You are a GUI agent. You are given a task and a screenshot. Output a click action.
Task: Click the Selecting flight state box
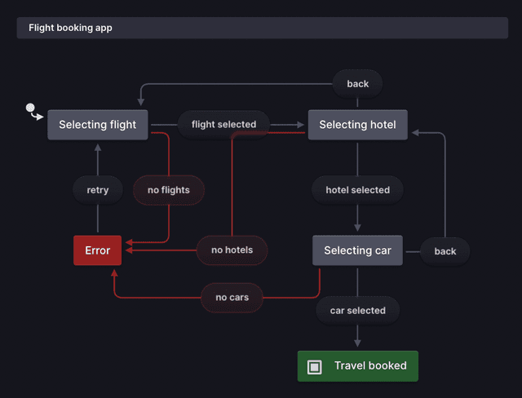98,125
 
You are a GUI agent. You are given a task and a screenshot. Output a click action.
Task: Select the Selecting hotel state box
357,125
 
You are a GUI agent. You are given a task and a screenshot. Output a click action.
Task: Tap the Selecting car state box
357,250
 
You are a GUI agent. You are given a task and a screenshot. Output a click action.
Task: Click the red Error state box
97,250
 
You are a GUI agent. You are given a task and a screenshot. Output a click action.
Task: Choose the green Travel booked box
357,366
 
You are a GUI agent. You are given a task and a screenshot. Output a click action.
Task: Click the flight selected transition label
223,125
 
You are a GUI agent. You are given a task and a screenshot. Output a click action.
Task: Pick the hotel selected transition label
357,190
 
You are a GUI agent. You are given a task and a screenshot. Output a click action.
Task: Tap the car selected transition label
357,311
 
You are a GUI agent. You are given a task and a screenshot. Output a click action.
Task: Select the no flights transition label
168,190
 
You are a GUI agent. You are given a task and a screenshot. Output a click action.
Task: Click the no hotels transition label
232,250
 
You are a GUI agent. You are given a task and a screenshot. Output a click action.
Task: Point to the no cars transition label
232,298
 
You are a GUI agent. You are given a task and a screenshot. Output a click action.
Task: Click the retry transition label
97,190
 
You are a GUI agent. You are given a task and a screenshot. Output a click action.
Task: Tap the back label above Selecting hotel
357,84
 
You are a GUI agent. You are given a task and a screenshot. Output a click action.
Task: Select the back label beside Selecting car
445,251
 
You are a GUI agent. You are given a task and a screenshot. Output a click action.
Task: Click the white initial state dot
30,108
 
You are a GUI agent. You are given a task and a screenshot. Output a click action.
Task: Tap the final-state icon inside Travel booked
315,367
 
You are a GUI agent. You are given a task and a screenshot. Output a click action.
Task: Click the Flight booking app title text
70,28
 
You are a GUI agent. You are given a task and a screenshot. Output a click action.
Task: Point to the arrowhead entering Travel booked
357,345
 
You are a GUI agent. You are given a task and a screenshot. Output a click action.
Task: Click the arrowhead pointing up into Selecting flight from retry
97,148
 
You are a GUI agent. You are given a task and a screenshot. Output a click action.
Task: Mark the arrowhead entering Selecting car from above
357,229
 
